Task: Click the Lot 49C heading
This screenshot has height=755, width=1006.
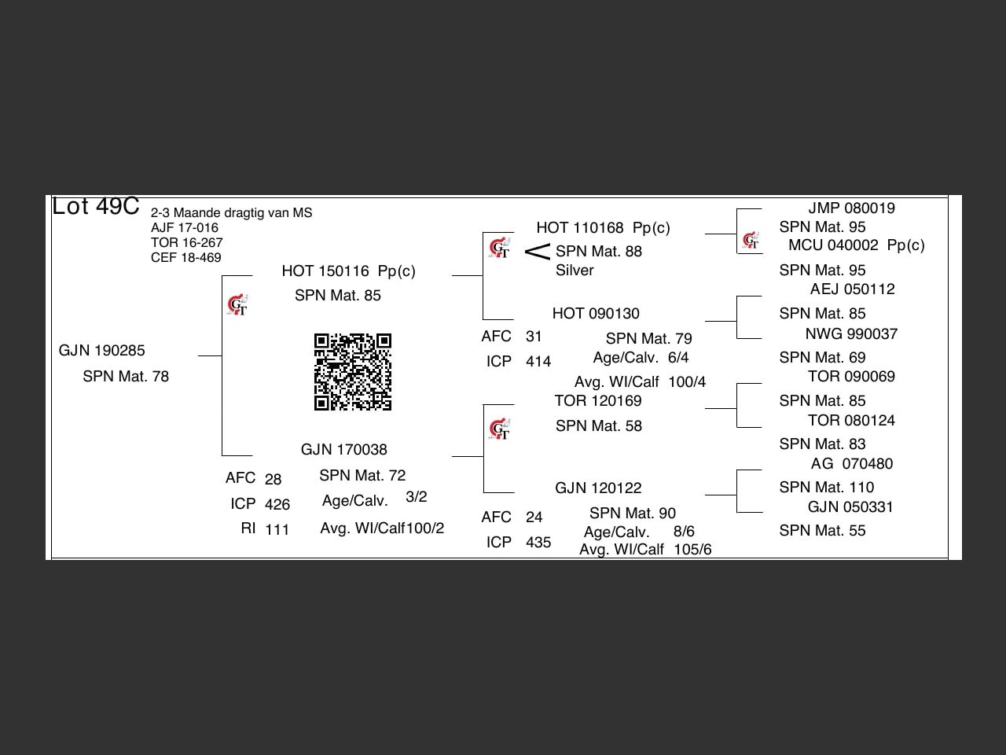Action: (x=95, y=207)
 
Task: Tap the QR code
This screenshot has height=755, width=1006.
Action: (x=353, y=372)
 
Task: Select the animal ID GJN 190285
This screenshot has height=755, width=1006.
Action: (x=101, y=351)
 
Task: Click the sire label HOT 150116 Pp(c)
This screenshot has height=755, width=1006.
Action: (x=348, y=271)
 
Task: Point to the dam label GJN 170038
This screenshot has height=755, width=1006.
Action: (x=343, y=450)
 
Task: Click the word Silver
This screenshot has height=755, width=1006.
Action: (x=575, y=271)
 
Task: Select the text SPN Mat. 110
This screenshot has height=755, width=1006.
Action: (x=826, y=488)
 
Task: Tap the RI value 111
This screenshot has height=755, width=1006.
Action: (x=277, y=530)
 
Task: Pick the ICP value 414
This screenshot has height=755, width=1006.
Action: (x=538, y=362)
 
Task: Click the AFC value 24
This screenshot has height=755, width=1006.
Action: (x=534, y=517)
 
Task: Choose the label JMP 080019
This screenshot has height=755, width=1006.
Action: (x=851, y=208)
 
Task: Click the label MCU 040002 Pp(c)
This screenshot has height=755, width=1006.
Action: (x=856, y=245)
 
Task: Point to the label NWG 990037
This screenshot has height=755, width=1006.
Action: (x=851, y=334)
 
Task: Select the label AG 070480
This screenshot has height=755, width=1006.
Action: (x=851, y=464)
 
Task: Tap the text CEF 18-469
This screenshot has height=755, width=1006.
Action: (x=186, y=258)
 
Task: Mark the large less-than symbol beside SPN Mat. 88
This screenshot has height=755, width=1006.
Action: (x=538, y=252)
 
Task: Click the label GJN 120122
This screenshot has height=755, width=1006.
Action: (x=597, y=488)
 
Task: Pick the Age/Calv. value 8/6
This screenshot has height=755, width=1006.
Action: (x=684, y=532)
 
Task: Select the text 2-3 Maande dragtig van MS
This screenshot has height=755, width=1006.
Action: (x=231, y=213)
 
